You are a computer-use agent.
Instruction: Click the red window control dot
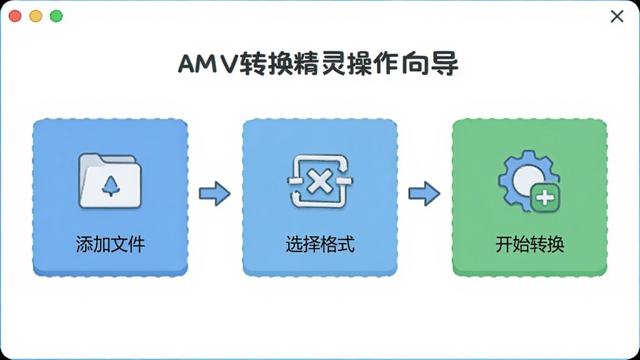15,16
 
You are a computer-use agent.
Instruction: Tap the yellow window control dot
36,16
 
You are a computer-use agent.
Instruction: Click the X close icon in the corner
617,16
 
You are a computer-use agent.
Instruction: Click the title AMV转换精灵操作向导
318,64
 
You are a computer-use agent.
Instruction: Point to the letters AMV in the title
207,64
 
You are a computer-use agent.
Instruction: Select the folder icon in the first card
110,181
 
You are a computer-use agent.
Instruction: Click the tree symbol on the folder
111,186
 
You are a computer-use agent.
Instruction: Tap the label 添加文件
110,244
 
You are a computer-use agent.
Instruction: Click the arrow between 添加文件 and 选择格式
215,194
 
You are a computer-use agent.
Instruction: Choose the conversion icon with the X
320,181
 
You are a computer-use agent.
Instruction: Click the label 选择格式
320,244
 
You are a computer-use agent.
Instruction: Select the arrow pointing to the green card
424,194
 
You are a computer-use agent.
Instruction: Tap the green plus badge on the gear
545,198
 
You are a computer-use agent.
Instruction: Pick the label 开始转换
530,244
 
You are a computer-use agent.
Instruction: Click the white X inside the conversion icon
320,182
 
